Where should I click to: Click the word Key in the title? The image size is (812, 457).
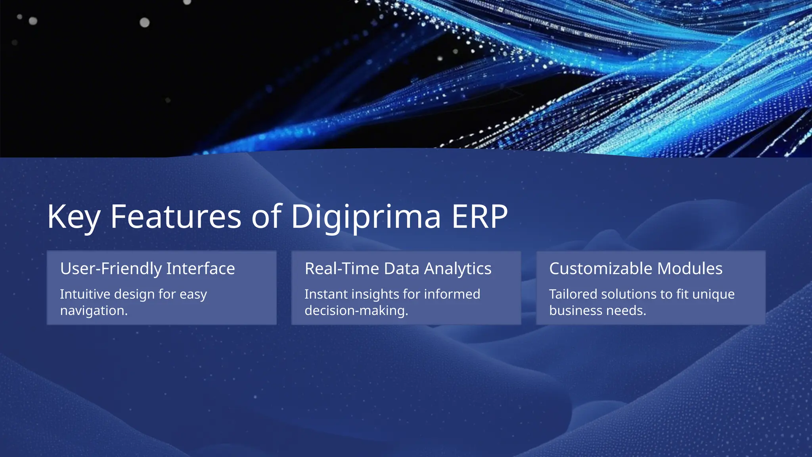point(73,217)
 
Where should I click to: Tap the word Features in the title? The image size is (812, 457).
point(176,217)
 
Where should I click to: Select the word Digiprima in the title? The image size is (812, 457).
point(366,217)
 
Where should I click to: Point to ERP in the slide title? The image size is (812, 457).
point(479,217)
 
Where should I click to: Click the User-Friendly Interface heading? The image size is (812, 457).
point(147,269)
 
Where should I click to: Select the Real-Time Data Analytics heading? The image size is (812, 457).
point(398,269)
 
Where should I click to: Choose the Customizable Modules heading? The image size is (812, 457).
point(636,269)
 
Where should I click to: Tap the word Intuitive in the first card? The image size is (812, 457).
point(85,294)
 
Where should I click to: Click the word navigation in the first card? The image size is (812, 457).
point(94,311)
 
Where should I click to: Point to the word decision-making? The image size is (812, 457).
point(356,311)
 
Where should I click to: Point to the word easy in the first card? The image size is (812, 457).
point(193,294)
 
